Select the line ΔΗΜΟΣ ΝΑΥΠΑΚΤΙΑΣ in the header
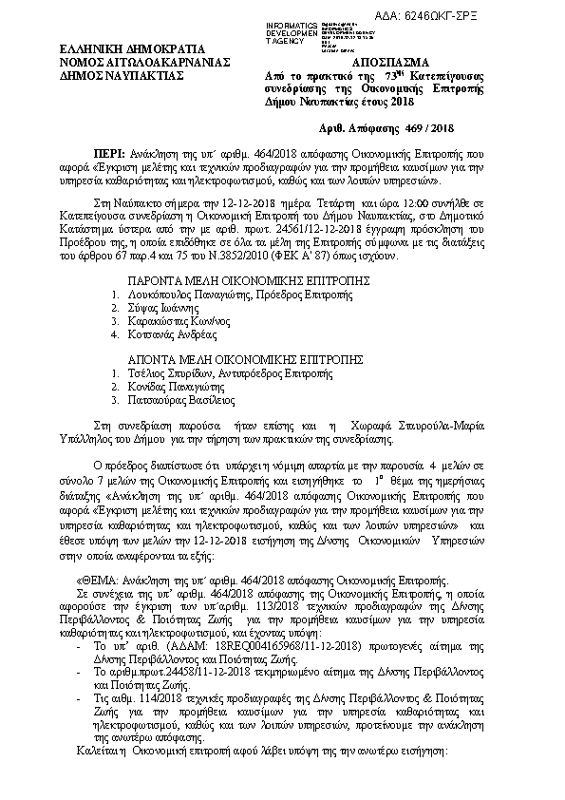coord(109,73)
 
